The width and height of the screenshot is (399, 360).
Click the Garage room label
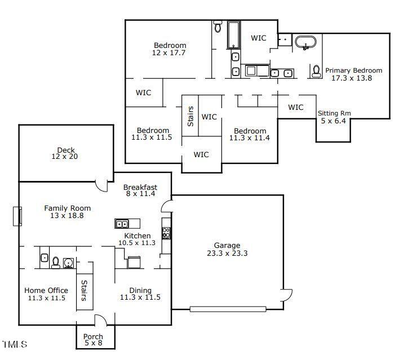click(227, 246)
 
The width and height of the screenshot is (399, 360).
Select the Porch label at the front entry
click(94, 337)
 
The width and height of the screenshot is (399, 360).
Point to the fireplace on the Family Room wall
click(17, 216)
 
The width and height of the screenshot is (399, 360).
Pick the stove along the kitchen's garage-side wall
click(166, 232)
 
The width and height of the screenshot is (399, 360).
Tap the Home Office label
click(46, 291)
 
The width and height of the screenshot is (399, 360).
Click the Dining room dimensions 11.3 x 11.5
click(136, 297)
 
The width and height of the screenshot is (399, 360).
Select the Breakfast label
click(140, 188)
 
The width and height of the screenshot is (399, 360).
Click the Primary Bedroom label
click(353, 70)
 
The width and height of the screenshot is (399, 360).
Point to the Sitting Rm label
click(334, 113)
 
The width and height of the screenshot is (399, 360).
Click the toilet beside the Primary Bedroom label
click(316, 71)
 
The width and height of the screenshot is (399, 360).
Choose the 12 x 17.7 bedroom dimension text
click(169, 52)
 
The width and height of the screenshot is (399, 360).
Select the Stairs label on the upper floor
click(190, 116)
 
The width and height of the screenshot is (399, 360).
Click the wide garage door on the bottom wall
click(228, 309)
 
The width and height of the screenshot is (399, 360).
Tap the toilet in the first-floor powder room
click(56, 261)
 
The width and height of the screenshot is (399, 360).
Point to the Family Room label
click(68, 208)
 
